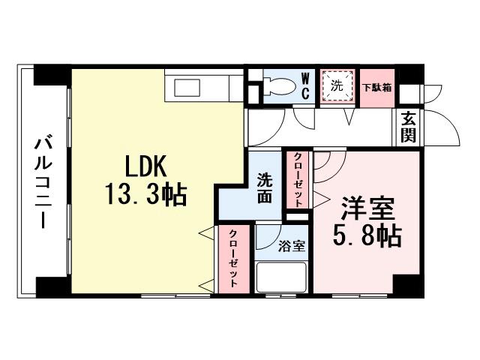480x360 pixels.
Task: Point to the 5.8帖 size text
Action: point(367,237)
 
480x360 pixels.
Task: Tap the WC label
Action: point(307,86)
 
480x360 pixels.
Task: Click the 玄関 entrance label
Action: point(408,127)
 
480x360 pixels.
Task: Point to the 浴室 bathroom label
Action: point(291,245)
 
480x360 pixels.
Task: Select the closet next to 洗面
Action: point(298,180)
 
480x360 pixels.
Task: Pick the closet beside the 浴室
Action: point(234,259)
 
